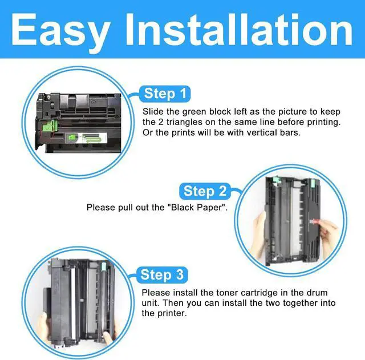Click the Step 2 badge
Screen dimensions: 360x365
[x=206, y=191]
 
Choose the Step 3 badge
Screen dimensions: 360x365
[x=163, y=275]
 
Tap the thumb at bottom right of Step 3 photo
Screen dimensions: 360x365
[x=112, y=331]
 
